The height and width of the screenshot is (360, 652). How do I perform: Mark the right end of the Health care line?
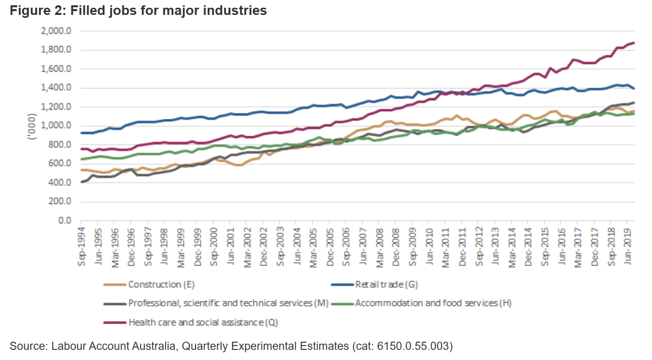[634, 43]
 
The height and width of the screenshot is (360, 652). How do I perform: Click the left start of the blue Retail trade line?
[82, 133]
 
